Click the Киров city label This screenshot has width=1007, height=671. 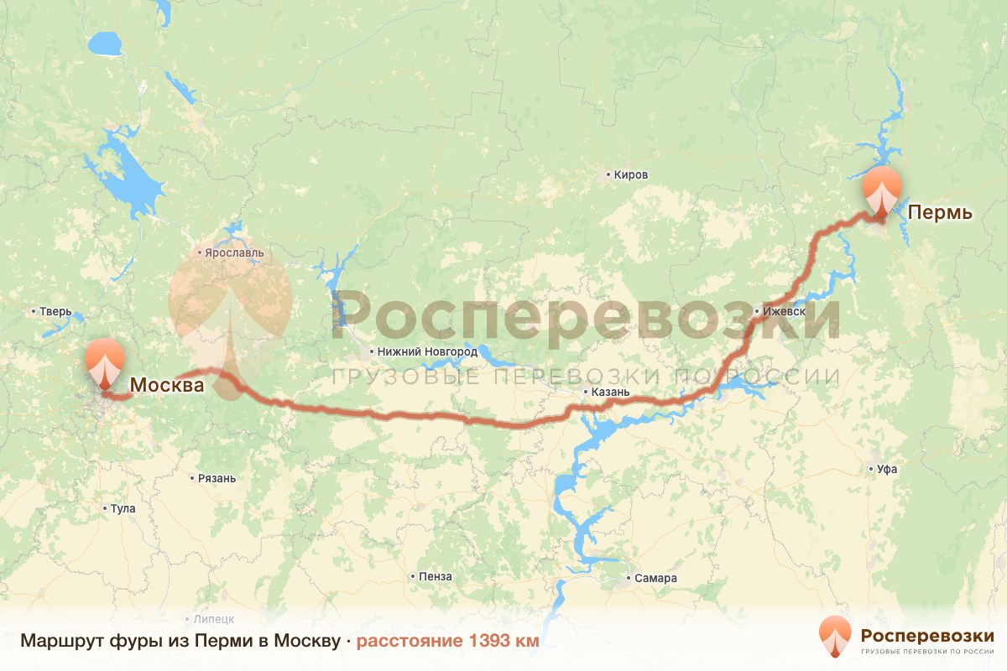coord(631,175)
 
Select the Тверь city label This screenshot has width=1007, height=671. coord(56,312)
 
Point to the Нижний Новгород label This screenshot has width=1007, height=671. coord(428,352)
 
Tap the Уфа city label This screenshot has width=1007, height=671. coord(887,470)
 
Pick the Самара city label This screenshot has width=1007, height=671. coord(655,579)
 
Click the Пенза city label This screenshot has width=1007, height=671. coord(436,577)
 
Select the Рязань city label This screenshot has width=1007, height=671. coord(217,479)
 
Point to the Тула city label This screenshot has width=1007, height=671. coord(122,509)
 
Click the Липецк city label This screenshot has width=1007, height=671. coord(214,618)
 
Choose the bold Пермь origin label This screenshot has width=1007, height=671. coord(941,212)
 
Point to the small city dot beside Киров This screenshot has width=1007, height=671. coord(608,176)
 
